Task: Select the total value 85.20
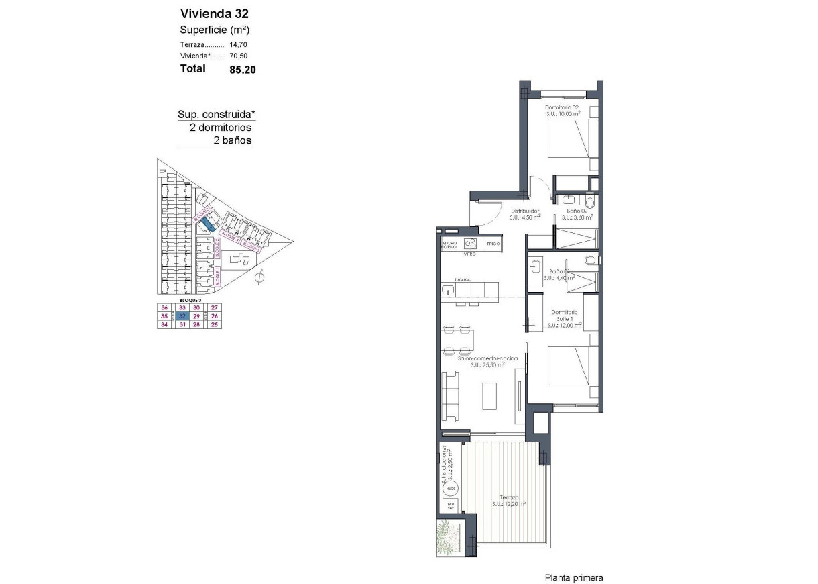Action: pyautogui.click(x=243, y=69)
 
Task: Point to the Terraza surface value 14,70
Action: pyautogui.click(x=239, y=44)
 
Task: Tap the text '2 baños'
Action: pyautogui.click(x=231, y=140)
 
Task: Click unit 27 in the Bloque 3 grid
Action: pyautogui.click(x=214, y=307)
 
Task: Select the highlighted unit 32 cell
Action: pyautogui.click(x=182, y=316)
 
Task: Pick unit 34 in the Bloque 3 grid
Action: pyautogui.click(x=163, y=324)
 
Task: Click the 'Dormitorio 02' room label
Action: pyautogui.click(x=561, y=107)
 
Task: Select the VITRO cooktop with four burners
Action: pyautogui.click(x=469, y=244)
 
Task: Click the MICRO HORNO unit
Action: pyautogui.click(x=449, y=244)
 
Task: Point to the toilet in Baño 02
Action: pyautogui.click(x=589, y=201)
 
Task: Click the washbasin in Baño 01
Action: pyautogui.click(x=534, y=266)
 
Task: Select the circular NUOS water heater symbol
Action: pyautogui.click(x=451, y=488)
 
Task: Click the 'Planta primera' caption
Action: pyautogui.click(x=574, y=577)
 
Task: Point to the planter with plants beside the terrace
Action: pyautogui.click(x=449, y=536)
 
